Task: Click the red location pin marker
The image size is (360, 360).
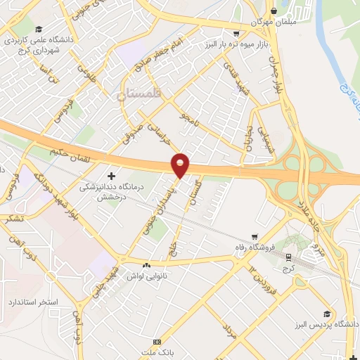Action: tap(181, 165)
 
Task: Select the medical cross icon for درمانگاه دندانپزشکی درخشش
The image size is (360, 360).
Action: tap(111, 174)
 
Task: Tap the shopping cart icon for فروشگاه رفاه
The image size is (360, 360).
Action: tap(256, 237)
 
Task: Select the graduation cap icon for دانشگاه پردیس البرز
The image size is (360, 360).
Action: tap(326, 314)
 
